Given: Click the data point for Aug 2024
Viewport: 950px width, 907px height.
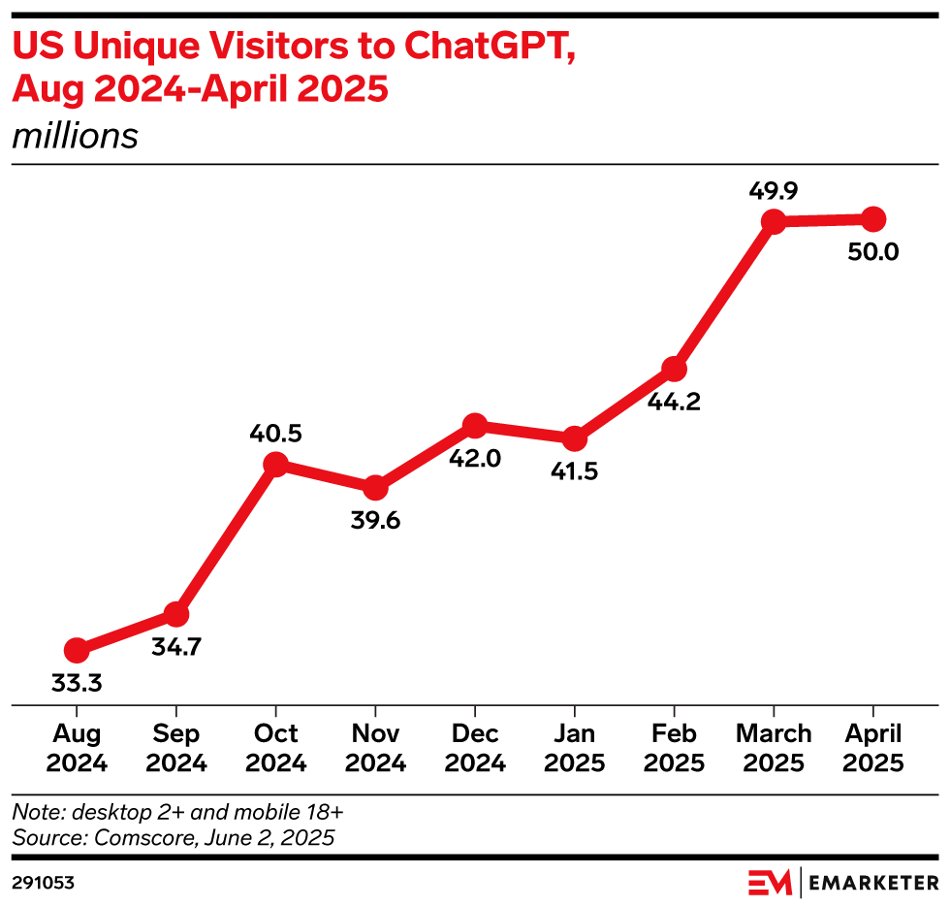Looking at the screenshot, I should (77, 650).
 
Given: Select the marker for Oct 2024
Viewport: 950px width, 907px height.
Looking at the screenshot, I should (276, 465).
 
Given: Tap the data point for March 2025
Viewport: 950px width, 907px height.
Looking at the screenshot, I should (773, 222).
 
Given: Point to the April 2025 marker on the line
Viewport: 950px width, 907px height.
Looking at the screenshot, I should (872, 218).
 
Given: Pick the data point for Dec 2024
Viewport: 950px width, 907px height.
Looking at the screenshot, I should (475, 425).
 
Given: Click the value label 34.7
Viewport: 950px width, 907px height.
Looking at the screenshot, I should (176, 646).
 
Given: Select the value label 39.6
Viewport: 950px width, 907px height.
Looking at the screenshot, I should (375, 520).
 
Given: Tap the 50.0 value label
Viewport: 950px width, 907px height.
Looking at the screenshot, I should (872, 252).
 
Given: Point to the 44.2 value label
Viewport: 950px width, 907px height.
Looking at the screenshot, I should (675, 402).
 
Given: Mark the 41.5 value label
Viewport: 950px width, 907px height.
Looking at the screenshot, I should (574, 472).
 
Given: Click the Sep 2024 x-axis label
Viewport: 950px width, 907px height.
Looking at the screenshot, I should (176, 748).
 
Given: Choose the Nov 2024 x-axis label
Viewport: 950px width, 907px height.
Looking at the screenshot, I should (375, 748).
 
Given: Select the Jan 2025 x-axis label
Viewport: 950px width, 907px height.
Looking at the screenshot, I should (574, 748).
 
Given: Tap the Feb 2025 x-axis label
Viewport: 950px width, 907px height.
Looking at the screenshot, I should (674, 748).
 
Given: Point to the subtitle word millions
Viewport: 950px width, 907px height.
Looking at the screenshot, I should (75, 136).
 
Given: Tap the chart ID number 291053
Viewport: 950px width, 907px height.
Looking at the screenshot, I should (44, 883).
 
